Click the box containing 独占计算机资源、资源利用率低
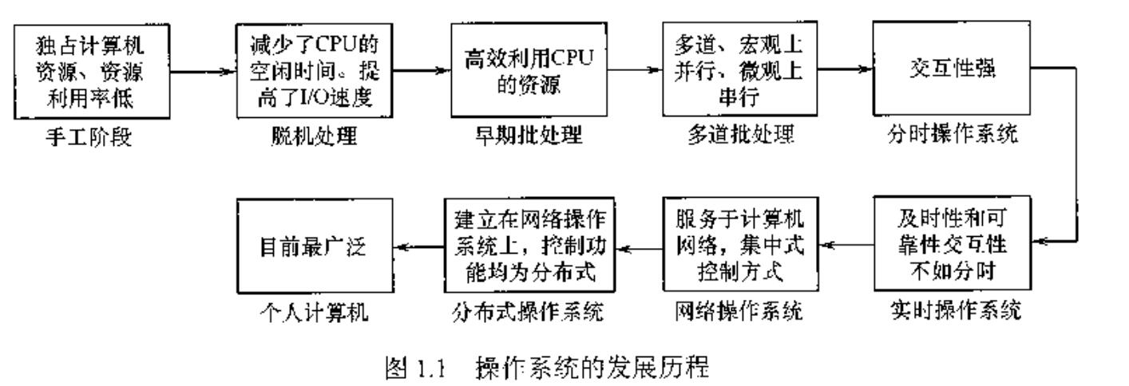coord(93,69)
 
